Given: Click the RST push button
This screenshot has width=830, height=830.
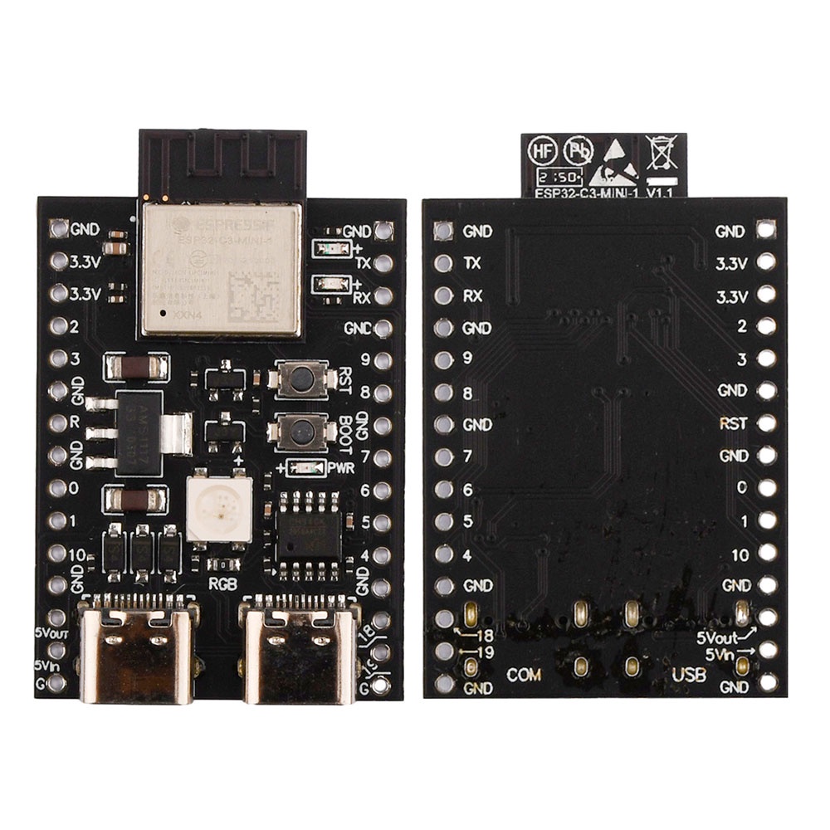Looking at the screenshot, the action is (x=296, y=378).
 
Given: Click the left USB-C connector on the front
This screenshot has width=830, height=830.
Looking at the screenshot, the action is (x=137, y=652).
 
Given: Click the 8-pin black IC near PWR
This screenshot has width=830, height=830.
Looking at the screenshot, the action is (x=309, y=535).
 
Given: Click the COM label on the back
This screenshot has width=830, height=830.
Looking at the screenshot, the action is (x=524, y=674).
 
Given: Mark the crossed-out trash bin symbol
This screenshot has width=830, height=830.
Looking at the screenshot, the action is (x=661, y=153).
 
